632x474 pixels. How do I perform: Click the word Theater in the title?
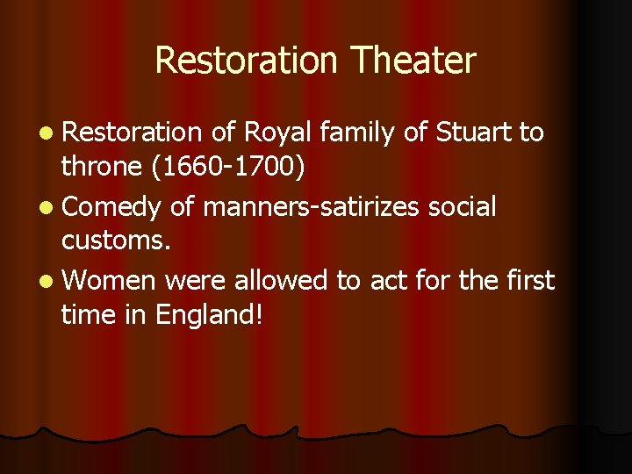click(413, 61)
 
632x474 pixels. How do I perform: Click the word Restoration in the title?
click(246, 61)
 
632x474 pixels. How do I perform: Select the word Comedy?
click(111, 207)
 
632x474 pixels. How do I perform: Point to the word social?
click(463, 207)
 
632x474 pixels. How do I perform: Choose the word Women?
click(109, 281)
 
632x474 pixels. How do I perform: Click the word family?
click(359, 133)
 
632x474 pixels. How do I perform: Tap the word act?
click(389, 281)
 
